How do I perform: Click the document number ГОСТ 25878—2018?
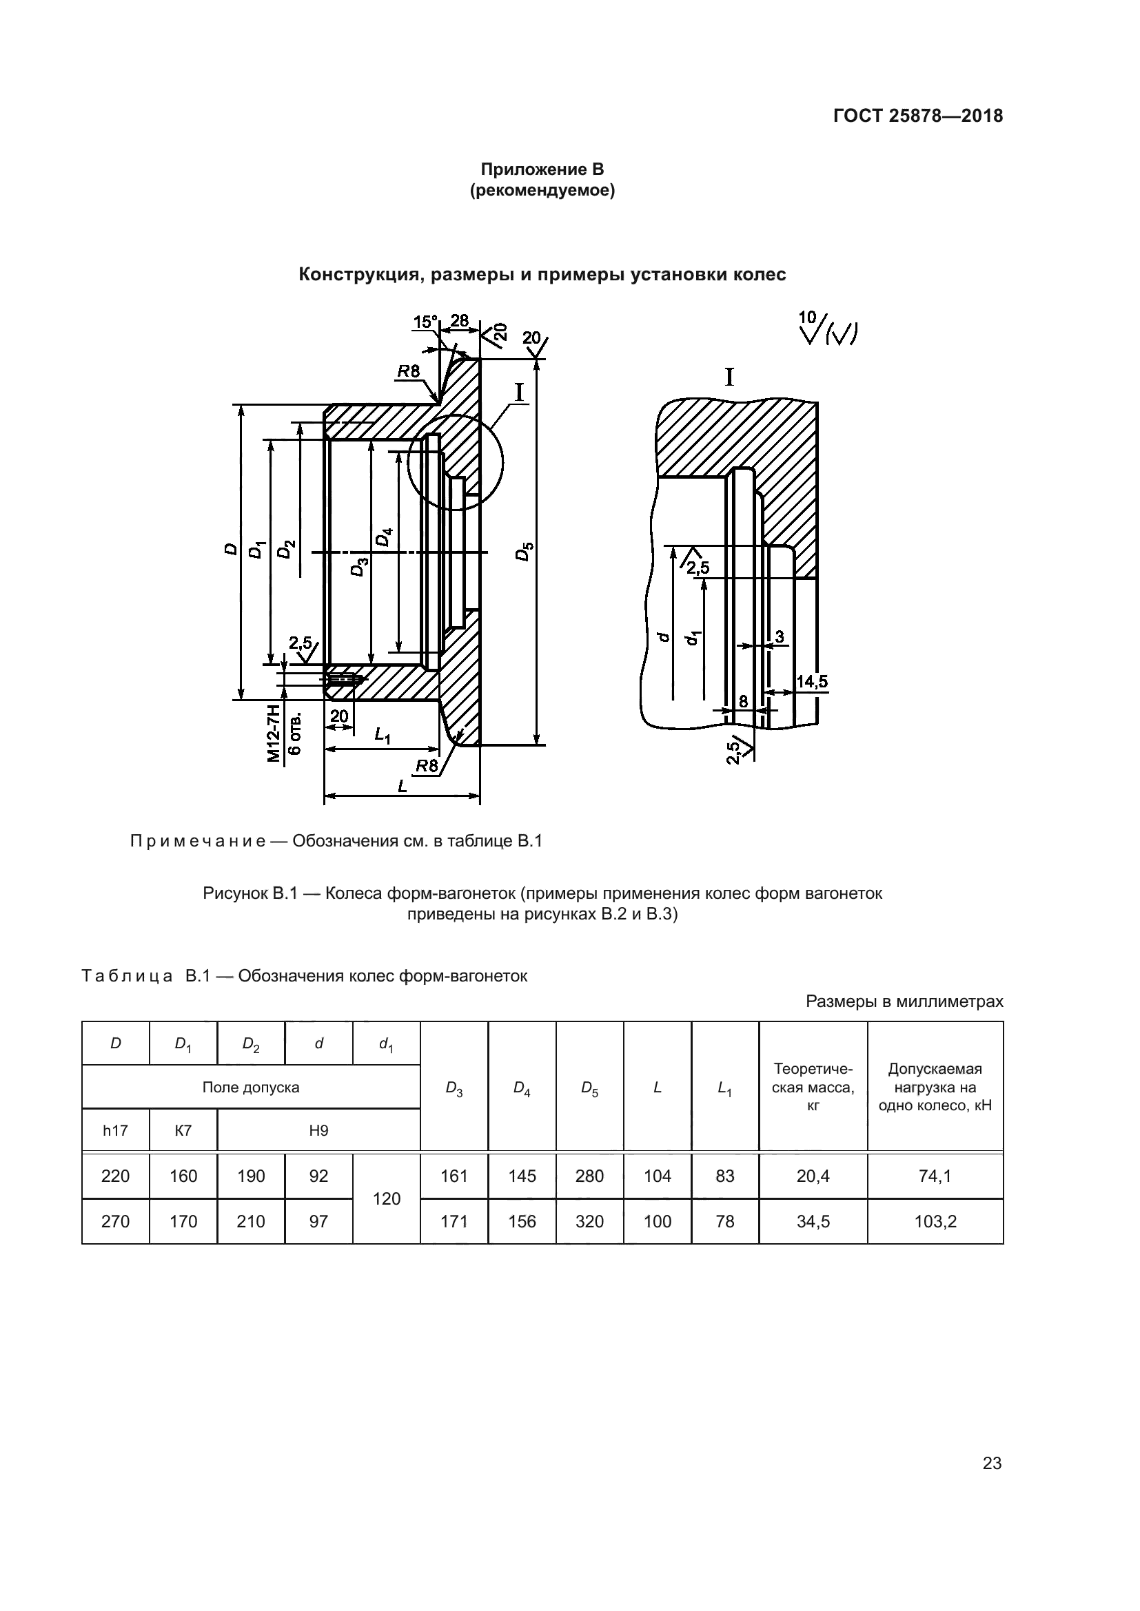coord(918,116)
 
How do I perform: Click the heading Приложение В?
coord(542,169)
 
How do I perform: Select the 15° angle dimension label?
coord(425,322)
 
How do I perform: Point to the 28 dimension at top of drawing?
coord(459,321)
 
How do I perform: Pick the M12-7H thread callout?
coord(274,734)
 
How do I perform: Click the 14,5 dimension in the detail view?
coord(812,681)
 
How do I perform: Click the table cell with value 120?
coord(386,1198)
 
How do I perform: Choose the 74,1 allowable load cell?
coord(935,1176)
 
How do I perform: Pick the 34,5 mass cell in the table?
coord(813,1222)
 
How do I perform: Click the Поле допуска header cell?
coord(251,1087)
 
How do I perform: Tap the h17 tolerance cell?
coord(115,1130)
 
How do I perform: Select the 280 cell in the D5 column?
coord(590,1176)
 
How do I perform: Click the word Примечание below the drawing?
coord(198,841)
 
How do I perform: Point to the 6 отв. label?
coord(296,734)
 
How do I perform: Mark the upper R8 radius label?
coord(408,371)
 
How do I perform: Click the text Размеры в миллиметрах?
coord(904,1001)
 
